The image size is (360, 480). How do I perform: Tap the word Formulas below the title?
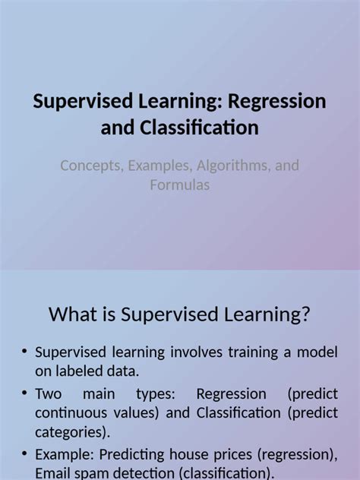coord(179,185)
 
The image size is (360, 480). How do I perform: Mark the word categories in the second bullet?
coord(71,433)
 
